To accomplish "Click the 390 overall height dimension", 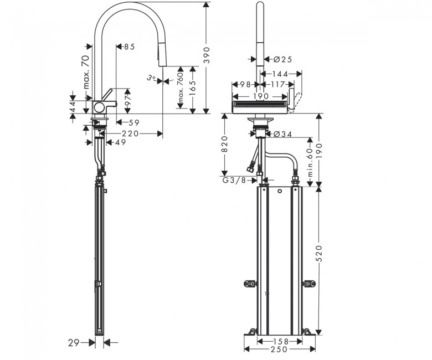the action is pos(207,55).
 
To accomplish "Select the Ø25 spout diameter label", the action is pos(283,59).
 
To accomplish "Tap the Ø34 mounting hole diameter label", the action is pos(283,134).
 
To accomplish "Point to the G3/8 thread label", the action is pos(234,181).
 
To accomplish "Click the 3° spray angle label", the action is pos(151,78).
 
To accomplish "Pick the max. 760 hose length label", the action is pos(180,87).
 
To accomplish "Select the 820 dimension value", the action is pos(225,144).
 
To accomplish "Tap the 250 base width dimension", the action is pos(279,349).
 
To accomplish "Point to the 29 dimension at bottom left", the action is pos(73,343).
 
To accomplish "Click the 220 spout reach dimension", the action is pos(130,133).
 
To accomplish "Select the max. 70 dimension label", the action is pos(86,72).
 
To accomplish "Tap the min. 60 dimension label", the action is pos(311,162).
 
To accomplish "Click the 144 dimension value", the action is pos(280,74).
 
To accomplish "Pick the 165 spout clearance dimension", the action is pos(193,88).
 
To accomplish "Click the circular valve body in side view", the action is pos(99,107).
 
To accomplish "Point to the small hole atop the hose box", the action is pos(280,191).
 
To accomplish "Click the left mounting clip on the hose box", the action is pos(250,284).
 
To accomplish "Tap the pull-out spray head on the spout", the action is pos(161,56).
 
